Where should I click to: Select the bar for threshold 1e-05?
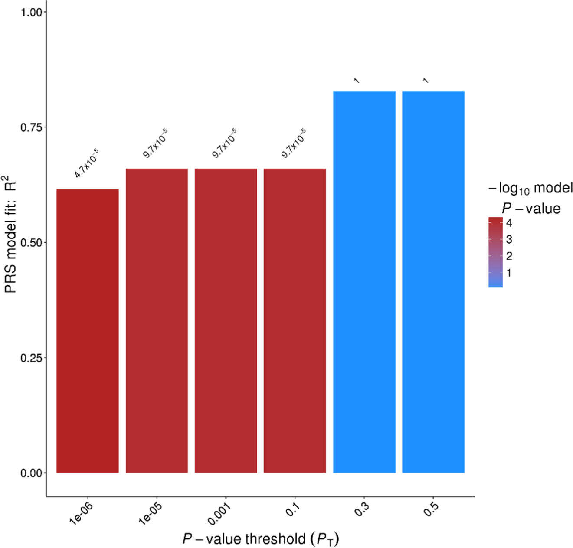157,320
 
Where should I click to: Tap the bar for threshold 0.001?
226,320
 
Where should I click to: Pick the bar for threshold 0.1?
295,320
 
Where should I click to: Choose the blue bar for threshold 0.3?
364,282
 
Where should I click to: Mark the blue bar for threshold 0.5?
433,282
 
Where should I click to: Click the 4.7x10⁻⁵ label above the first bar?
86,163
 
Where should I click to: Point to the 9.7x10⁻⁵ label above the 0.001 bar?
224,143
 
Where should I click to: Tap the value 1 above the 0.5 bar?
426,81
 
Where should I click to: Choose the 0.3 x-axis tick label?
362,510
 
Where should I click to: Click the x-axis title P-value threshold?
260,539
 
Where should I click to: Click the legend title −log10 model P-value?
530,198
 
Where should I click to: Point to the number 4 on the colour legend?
509,223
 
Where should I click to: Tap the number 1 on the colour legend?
509,273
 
